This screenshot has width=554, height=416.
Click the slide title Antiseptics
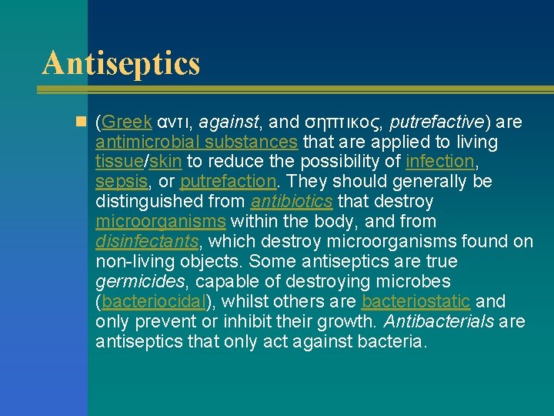point(121,63)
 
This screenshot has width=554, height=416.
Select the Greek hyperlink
point(126,122)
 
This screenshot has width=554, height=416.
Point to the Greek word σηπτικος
point(345,122)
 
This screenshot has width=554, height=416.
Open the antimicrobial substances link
point(196,142)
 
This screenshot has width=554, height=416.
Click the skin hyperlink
point(165,162)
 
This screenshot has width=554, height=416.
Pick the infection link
point(440,162)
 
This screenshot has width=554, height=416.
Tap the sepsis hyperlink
point(120,182)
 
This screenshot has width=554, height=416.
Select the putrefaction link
point(228,182)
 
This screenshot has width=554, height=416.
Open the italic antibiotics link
point(292,202)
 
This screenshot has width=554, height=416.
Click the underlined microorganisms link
point(160,222)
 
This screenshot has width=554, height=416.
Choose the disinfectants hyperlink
point(147,242)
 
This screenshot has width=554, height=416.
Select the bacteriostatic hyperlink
point(415,302)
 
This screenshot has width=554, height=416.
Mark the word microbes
point(413,282)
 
